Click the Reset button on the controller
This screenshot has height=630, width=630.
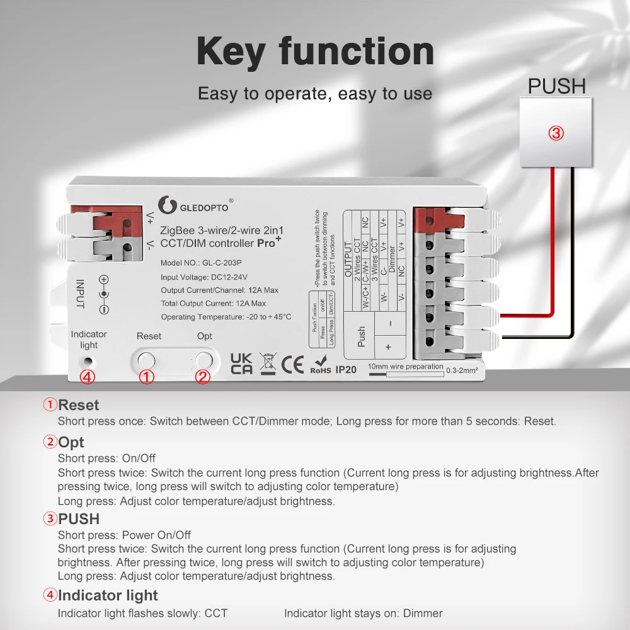(146, 360)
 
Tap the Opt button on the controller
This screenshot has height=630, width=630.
(203, 360)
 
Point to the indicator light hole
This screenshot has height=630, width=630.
(89, 362)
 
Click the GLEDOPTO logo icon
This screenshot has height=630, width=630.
(166, 204)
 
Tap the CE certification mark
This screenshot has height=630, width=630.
(292, 364)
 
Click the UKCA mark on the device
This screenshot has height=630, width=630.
(241, 364)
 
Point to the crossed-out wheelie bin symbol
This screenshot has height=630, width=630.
(268, 364)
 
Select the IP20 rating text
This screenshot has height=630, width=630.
(346, 370)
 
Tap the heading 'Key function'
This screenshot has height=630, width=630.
(315, 51)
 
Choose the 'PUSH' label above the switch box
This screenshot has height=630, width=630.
(556, 86)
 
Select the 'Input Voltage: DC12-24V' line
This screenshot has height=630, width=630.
(204, 277)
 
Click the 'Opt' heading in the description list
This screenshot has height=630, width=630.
(71, 442)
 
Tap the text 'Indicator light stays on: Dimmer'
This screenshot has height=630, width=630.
(363, 613)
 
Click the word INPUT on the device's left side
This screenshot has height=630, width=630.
(79, 294)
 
